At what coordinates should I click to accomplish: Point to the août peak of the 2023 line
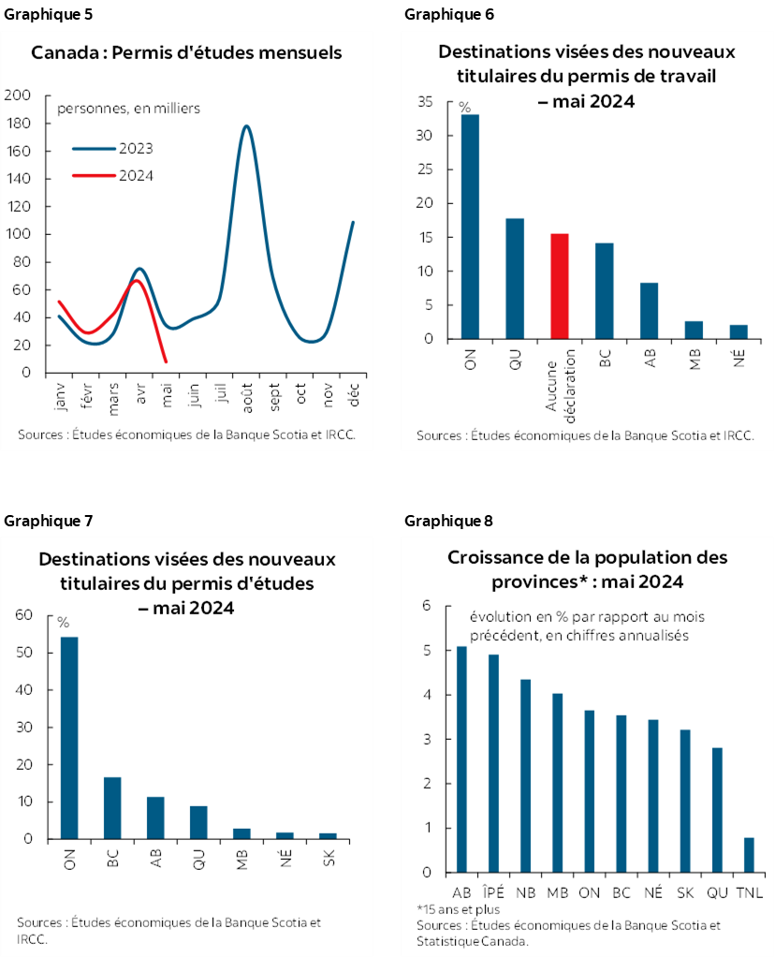point(246,126)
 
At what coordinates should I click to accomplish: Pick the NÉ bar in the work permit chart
point(738,332)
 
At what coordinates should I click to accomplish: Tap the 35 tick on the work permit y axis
point(427,102)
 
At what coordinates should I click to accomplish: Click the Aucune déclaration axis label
point(560,384)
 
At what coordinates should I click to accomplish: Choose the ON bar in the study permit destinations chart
point(69,737)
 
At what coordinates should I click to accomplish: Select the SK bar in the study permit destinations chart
point(328,835)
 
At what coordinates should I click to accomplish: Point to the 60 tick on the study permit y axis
point(22,615)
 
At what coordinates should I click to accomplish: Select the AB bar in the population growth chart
point(461,759)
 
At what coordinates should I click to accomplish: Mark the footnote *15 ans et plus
point(459,909)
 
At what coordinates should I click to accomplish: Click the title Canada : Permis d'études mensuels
point(186,52)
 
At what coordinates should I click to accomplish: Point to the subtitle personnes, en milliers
point(128,109)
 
